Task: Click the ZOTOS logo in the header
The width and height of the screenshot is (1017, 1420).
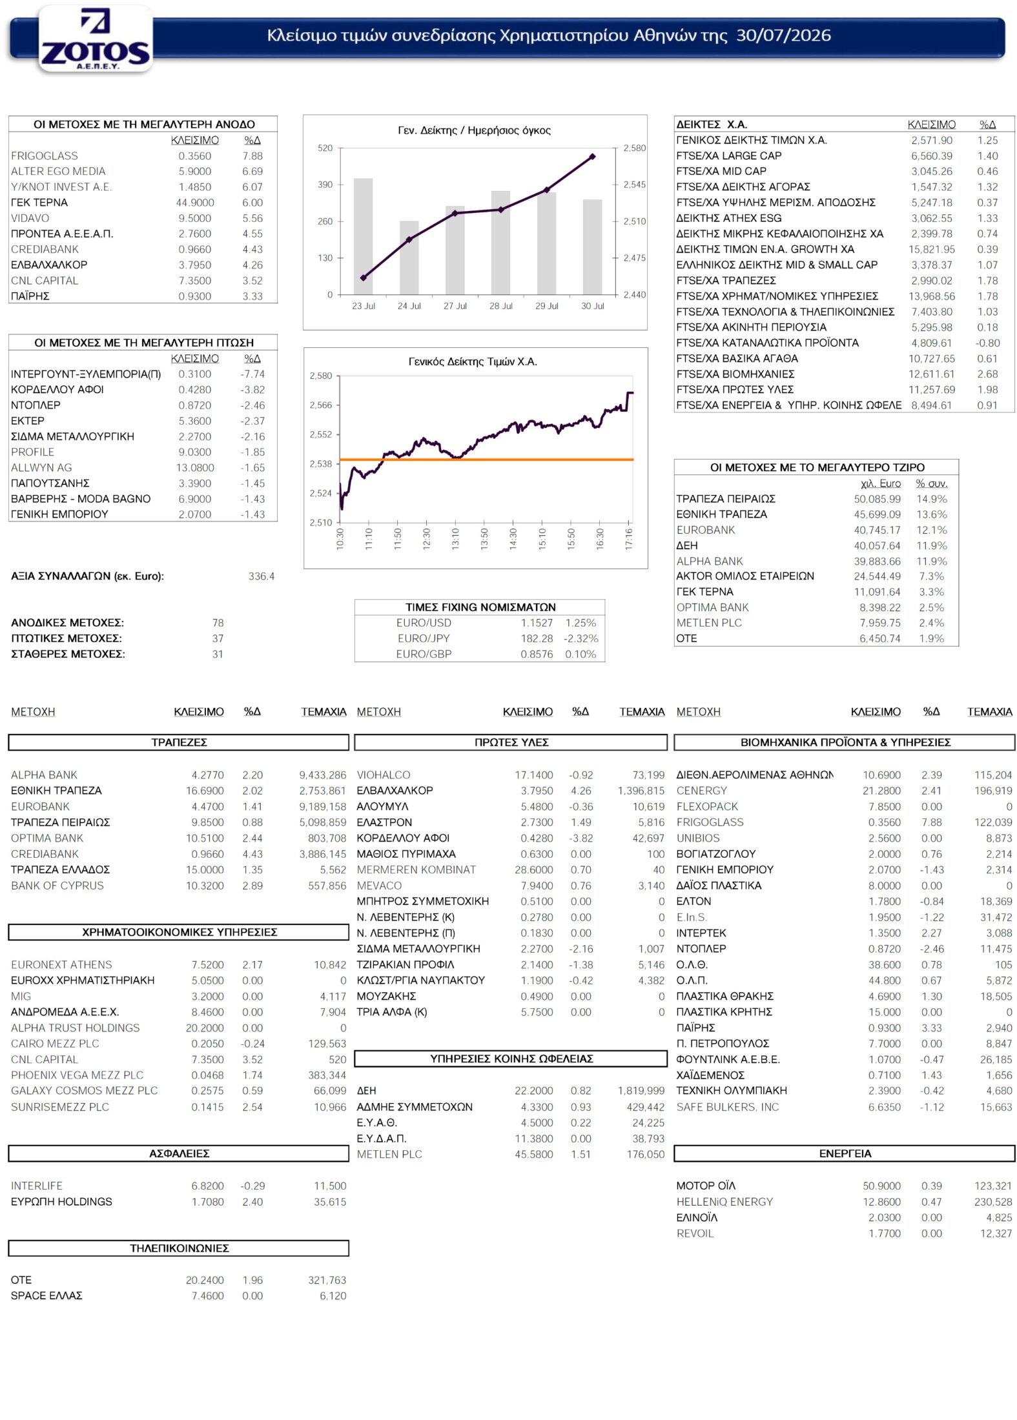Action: [96, 39]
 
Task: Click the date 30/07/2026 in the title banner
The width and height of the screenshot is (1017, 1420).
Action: [783, 35]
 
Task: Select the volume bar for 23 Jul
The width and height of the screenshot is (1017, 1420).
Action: [363, 236]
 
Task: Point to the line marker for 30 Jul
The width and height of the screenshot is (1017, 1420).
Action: [593, 156]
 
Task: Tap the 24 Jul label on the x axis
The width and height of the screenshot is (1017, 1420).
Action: [409, 306]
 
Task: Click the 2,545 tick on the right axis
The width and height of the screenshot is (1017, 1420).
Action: [634, 185]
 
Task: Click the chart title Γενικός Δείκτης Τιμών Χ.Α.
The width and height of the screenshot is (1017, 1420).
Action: [473, 361]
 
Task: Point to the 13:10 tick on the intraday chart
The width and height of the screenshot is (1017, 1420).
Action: [455, 538]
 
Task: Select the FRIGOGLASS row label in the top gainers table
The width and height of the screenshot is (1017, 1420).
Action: [45, 156]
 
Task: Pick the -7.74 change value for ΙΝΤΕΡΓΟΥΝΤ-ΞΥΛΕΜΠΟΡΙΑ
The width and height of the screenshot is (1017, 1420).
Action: [252, 374]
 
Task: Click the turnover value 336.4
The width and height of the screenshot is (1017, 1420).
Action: [262, 576]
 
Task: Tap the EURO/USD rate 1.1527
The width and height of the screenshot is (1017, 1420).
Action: [537, 623]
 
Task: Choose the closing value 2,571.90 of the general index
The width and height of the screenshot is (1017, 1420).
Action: [932, 140]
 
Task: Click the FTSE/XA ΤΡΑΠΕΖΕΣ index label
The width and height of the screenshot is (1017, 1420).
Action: [726, 281]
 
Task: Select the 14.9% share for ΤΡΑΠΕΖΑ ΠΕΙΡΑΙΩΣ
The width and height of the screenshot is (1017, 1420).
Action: [932, 499]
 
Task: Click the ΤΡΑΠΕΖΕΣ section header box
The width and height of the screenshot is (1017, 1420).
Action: [179, 742]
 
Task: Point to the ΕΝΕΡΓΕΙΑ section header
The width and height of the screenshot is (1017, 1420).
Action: [845, 1153]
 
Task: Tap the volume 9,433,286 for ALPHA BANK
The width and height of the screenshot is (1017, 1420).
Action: [322, 775]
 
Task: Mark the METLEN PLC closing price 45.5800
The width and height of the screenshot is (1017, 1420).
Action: [533, 1154]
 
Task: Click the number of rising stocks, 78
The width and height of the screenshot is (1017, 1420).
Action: [218, 623]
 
